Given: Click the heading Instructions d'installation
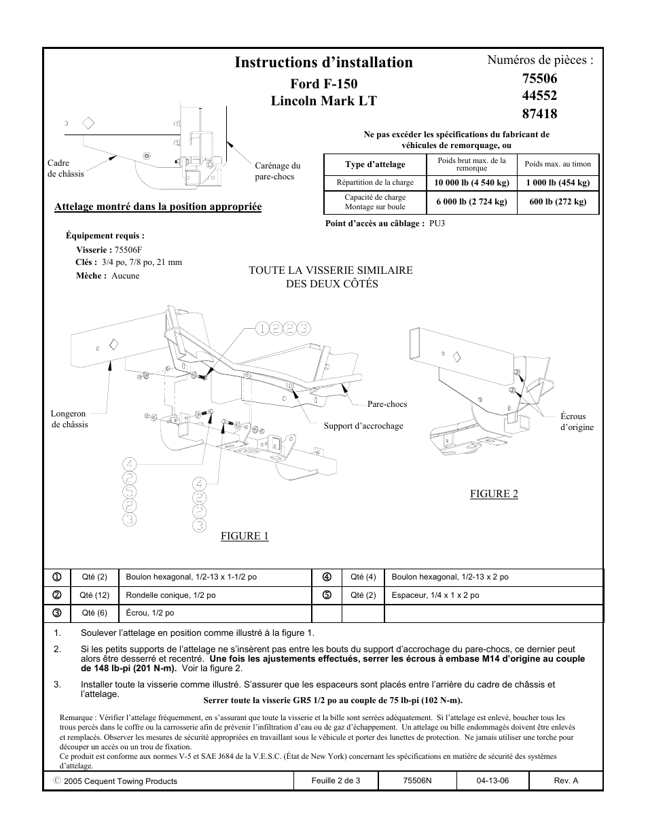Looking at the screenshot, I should coord(323,63).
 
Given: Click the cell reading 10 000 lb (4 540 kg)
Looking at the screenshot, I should coord(471,183).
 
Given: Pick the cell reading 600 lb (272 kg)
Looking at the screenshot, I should coord(558,202).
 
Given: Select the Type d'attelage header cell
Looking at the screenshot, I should coord(375,164).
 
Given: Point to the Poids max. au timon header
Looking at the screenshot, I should coord(558,164).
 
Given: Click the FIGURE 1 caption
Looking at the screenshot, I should coord(245,536).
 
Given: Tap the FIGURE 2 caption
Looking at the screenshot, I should coord(494,494).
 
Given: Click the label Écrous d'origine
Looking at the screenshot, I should coord(577,422).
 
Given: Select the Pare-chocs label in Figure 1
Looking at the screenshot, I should coord(387,404).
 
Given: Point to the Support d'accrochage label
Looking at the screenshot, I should coord(363,426).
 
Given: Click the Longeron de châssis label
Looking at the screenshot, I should coord(69,418).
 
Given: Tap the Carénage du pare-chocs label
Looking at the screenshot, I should coord(277,171).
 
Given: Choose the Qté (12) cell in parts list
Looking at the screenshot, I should coord(94,595).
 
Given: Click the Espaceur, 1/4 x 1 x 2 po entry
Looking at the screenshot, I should coord(435,595).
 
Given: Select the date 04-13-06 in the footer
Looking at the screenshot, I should coord(492,781).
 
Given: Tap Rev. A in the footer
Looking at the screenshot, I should coord(566,781).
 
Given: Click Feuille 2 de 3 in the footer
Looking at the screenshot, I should coord(336,781).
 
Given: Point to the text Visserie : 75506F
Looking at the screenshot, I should coord(109,249).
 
